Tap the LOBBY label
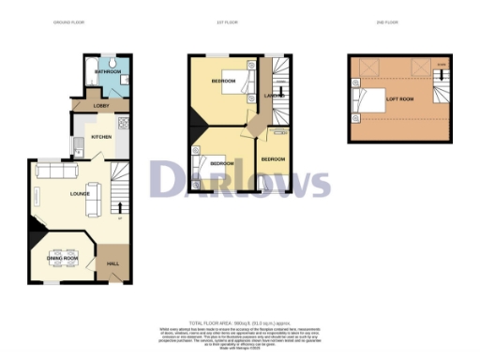tap(84, 106)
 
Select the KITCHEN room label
tap(102, 137)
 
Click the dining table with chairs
tap(63, 250)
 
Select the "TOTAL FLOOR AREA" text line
tap(240, 322)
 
